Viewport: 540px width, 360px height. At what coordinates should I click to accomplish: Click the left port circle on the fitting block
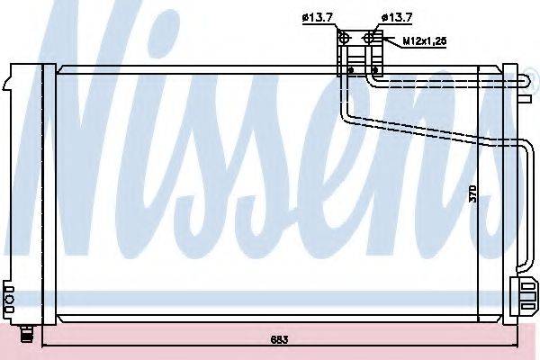tap(345, 37)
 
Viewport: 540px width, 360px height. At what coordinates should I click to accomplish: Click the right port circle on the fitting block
tap(370, 37)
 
